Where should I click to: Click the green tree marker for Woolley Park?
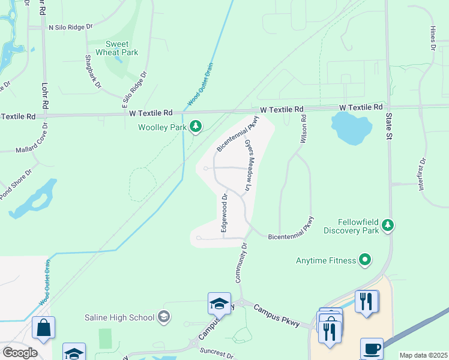pyautogui.click(x=195, y=127)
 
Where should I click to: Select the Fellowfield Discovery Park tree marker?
pyautogui.click(x=388, y=225)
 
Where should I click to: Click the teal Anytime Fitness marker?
pyautogui.click(x=364, y=260)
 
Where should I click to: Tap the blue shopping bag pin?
pyautogui.click(x=43, y=328)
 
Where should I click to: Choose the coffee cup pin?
pyautogui.click(x=371, y=348)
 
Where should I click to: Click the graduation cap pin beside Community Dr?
pyautogui.click(x=219, y=304)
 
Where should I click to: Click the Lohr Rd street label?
pyautogui.click(x=44, y=95)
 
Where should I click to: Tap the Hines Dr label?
pyautogui.click(x=432, y=37)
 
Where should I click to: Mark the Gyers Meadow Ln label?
pyautogui.click(x=247, y=167)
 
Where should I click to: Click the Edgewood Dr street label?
pyautogui.click(x=224, y=212)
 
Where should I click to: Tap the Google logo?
pyautogui.click(x=20, y=352)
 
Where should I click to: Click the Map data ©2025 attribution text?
pyautogui.click(x=423, y=355)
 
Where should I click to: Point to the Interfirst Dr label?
pyautogui.click(x=422, y=175)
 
